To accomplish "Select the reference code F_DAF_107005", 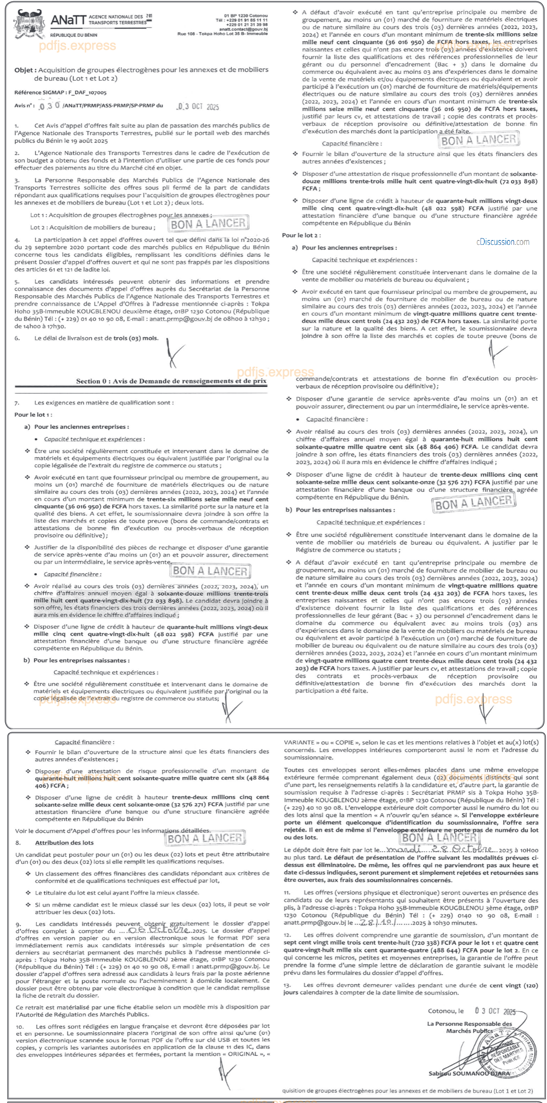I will coord(87,93).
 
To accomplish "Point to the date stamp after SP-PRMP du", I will coord(198,107).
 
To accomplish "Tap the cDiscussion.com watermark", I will coord(503,242).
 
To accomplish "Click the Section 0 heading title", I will coord(171,381).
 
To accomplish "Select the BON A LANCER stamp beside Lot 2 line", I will coord(208,224).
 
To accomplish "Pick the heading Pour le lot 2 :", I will coord(301,235).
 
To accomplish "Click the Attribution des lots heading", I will coord(64,842).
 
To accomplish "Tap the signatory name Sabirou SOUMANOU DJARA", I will coord(469,1073).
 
